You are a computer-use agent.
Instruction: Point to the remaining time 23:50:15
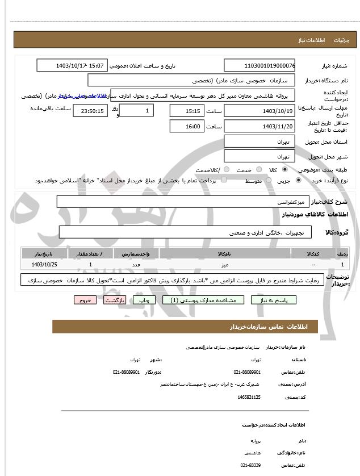coord(90,111)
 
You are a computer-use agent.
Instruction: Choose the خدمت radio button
coord(258,170)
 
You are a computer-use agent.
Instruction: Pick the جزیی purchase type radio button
coord(299,180)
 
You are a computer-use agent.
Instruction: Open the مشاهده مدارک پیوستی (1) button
coord(203,300)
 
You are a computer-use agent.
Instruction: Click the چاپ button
coord(145,300)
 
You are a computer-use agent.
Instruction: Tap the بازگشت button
coord(115,300)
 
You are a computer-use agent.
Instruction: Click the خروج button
coord(85,300)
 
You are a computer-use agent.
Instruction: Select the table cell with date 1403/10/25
coord(45,264)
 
